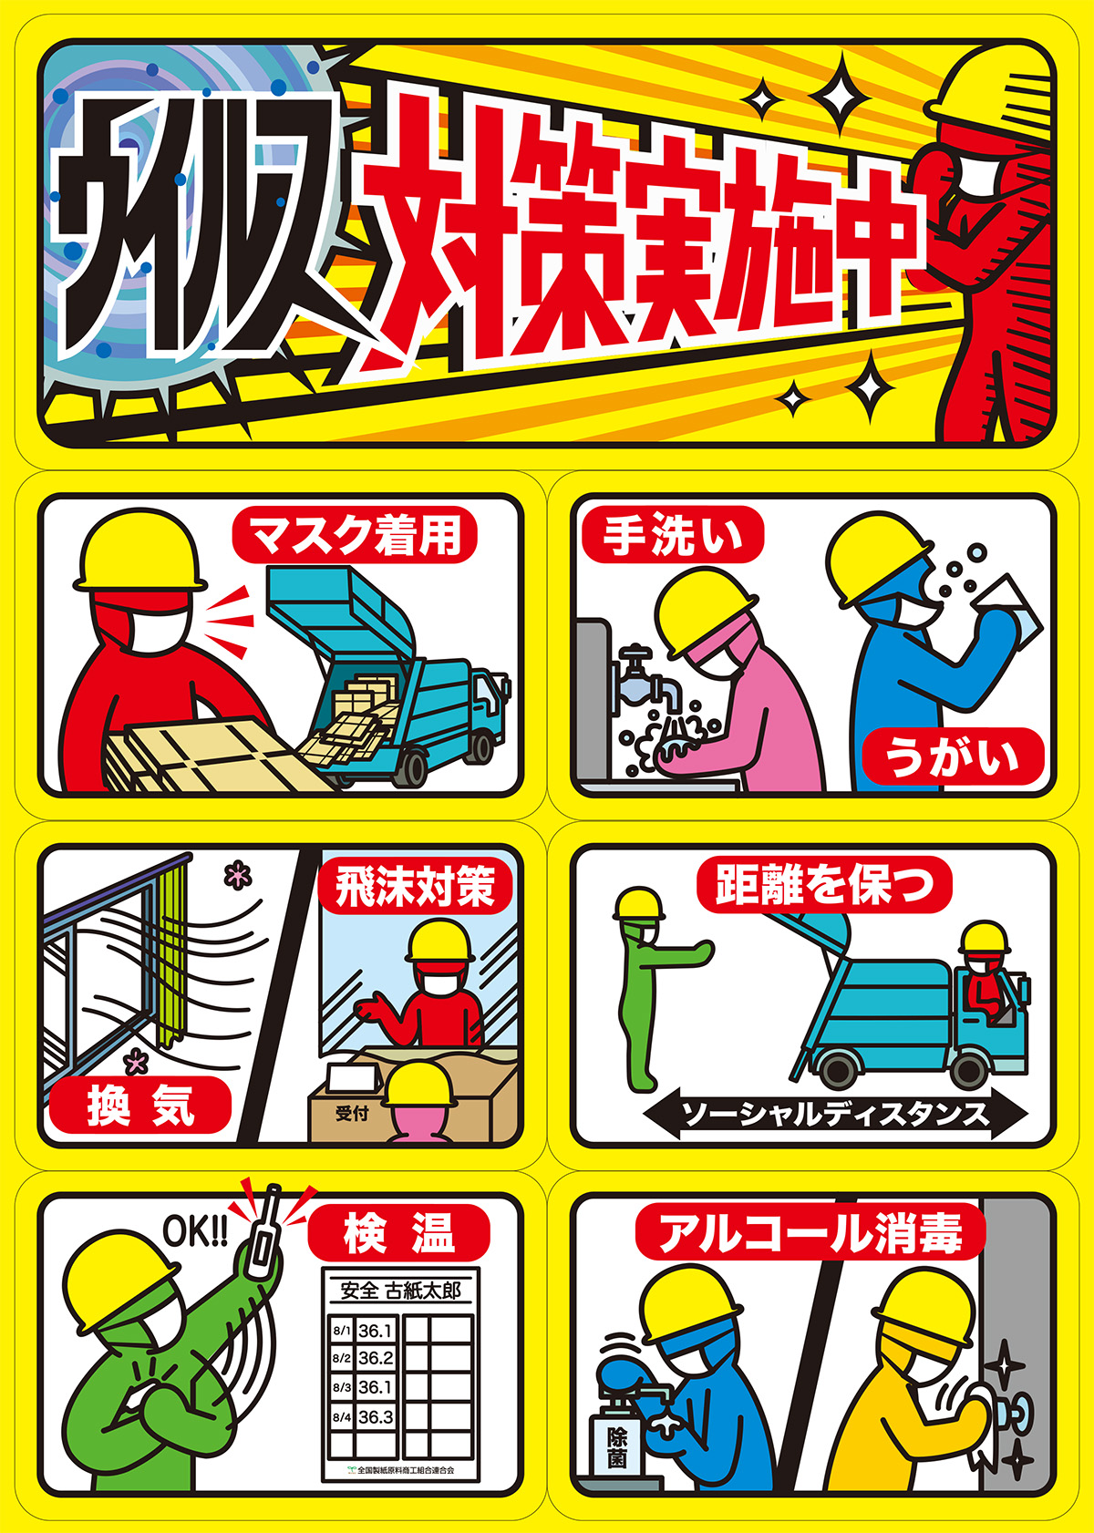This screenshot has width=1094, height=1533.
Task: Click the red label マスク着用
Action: (355, 534)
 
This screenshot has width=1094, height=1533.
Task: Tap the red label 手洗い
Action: (672, 534)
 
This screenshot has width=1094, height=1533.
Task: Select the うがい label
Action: (953, 756)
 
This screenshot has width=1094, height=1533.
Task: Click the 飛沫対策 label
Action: (416, 886)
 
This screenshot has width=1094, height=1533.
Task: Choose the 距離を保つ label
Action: (824, 884)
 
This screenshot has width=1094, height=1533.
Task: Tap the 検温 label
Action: (398, 1232)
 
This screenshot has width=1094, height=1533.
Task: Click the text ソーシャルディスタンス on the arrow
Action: (835, 1115)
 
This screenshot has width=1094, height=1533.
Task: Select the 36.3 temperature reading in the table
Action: (376, 1416)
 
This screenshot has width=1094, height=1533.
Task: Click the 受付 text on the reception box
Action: (352, 1114)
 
